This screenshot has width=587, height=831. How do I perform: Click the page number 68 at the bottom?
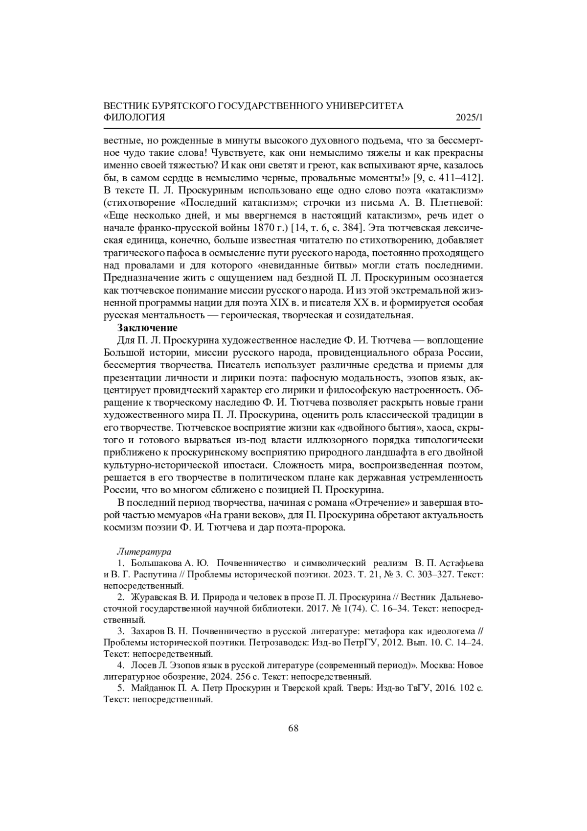pyautogui.click(x=293, y=728)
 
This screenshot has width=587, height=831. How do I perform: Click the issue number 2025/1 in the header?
pyautogui.click(x=469, y=118)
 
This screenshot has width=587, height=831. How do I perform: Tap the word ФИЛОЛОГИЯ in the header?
pyautogui.click(x=135, y=118)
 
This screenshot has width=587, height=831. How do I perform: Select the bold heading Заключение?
pyautogui.click(x=147, y=328)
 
